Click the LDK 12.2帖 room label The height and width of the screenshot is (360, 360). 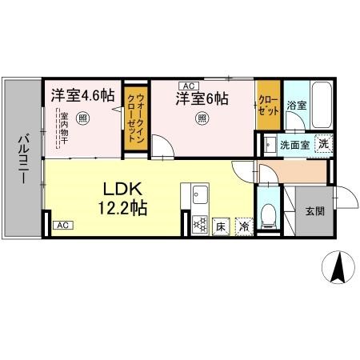click(122, 198)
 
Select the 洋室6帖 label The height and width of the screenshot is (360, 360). click(202, 99)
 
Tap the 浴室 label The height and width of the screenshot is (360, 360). click(297, 105)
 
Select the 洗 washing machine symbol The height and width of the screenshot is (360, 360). click(322, 145)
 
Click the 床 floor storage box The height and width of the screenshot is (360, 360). click(220, 226)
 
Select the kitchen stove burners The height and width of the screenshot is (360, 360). click(198, 226)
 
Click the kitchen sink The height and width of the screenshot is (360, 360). click(198, 194)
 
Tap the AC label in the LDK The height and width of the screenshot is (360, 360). click(62, 226)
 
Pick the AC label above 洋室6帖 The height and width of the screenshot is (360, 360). click(189, 86)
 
